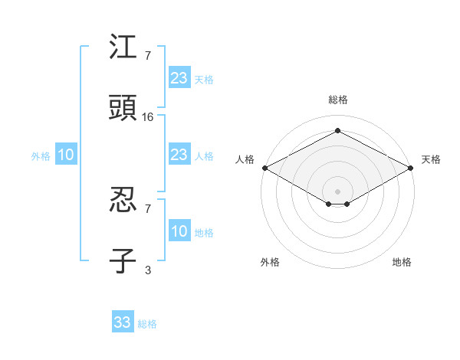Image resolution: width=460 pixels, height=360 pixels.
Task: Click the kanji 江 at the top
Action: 123,47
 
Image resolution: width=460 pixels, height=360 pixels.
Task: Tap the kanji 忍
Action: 123,201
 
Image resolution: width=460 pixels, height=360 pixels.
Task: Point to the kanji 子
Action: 123,260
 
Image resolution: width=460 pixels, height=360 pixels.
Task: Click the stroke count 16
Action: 148,117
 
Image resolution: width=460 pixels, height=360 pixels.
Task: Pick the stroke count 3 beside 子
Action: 148,270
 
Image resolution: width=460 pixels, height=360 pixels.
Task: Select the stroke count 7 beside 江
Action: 148,56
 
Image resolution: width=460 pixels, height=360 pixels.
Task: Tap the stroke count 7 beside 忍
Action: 148,208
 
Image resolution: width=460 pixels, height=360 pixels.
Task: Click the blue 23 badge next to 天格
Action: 179,78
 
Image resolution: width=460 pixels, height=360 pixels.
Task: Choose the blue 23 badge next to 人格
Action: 179,155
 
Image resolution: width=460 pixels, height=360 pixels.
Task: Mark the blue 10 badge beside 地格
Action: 179,232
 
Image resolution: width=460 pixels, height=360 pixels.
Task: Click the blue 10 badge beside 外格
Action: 65,155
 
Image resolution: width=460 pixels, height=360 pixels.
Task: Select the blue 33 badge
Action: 123,322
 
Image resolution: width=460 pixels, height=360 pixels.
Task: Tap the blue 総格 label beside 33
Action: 147,324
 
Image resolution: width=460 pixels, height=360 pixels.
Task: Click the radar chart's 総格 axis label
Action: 337,100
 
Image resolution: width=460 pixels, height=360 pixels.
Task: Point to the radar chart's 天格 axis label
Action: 432,159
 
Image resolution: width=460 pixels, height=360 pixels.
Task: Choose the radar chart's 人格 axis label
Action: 245,159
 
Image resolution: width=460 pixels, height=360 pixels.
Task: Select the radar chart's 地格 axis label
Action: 402,262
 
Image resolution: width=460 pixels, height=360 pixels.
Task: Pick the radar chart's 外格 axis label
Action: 270,262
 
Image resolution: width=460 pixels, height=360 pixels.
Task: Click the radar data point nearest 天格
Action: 412,167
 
